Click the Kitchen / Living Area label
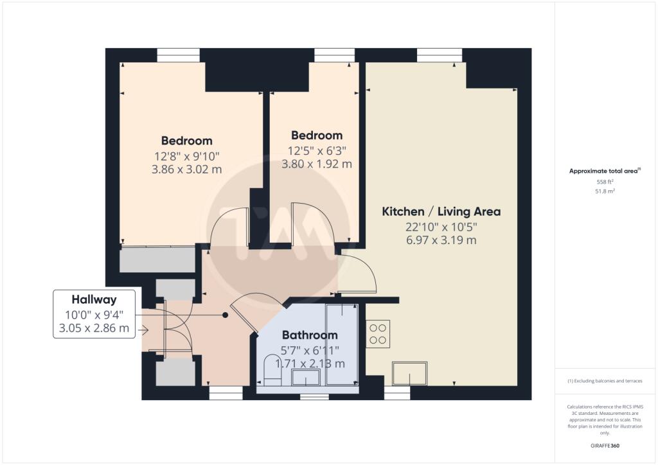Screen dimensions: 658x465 tap(441, 211)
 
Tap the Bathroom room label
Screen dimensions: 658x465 tap(310, 335)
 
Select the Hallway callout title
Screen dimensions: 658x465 tap(94, 299)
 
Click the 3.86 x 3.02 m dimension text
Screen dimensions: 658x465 tap(187, 170)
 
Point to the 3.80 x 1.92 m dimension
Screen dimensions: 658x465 tap(317, 164)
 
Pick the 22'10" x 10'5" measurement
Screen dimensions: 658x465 tap(441, 227)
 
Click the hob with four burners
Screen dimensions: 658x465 tap(378, 334)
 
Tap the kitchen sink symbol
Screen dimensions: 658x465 tap(409, 373)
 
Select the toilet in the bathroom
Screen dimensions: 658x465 tap(272, 371)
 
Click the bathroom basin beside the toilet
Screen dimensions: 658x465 tap(306, 377)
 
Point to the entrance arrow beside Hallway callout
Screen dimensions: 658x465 tap(143, 330)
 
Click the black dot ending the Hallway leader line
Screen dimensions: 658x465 tap(226, 315)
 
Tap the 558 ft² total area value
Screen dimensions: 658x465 tap(605, 182)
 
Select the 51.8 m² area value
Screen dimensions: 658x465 tap(605, 191)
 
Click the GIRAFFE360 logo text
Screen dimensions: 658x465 tap(605, 446)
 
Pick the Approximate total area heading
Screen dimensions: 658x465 tap(604, 171)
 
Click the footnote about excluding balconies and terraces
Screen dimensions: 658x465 tap(605, 381)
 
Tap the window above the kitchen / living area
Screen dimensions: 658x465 tap(440, 55)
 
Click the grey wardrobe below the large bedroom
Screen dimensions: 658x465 tap(158, 260)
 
